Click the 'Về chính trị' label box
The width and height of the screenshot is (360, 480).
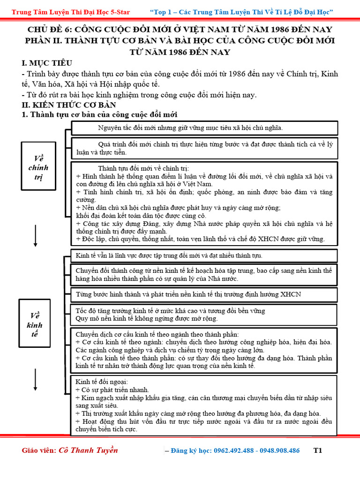[x=38, y=167]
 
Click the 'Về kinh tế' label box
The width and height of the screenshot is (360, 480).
[x=35, y=324]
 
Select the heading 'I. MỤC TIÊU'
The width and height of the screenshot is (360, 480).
[x=47, y=63]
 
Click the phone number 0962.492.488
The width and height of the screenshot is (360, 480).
[x=234, y=450]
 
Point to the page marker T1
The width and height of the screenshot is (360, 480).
[x=318, y=450]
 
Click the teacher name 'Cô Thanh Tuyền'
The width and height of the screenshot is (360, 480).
[x=88, y=450]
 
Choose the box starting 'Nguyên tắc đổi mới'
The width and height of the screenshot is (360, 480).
[x=204, y=127]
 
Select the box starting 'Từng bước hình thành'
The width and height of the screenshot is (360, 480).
[x=204, y=294]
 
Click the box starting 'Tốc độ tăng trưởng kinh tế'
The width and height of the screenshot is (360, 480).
[x=204, y=315]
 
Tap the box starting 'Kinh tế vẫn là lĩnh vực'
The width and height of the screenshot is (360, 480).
[x=204, y=255]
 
